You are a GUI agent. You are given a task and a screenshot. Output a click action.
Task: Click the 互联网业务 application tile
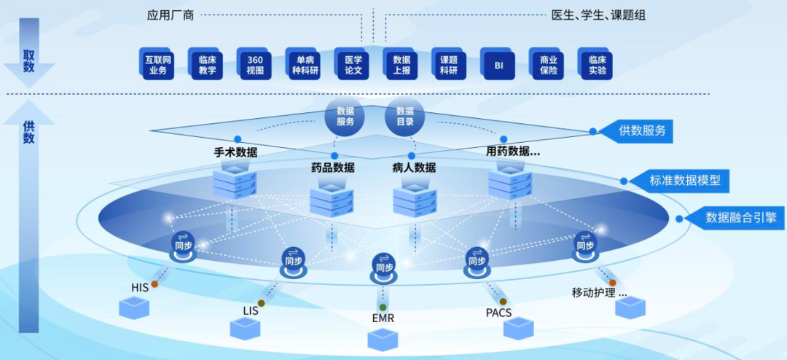[x=157, y=64]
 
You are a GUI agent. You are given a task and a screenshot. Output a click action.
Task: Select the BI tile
[x=498, y=64]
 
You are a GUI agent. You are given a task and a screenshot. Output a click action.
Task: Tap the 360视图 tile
[x=254, y=64]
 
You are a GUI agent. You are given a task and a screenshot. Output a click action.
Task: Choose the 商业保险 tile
[x=546, y=64]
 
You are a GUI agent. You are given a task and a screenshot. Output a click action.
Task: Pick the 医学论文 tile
[x=352, y=64]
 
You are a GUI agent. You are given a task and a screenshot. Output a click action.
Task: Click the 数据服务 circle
[x=345, y=117]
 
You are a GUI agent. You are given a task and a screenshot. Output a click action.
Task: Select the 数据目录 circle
[x=404, y=117]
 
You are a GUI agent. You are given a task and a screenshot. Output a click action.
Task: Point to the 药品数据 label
[x=332, y=168]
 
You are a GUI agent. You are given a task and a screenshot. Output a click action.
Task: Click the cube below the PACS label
[x=519, y=327]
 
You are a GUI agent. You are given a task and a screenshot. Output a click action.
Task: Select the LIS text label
[x=251, y=310]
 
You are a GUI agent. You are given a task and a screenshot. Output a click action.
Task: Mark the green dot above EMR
[x=383, y=307]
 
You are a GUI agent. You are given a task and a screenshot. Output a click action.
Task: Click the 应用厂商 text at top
[x=169, y=15]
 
